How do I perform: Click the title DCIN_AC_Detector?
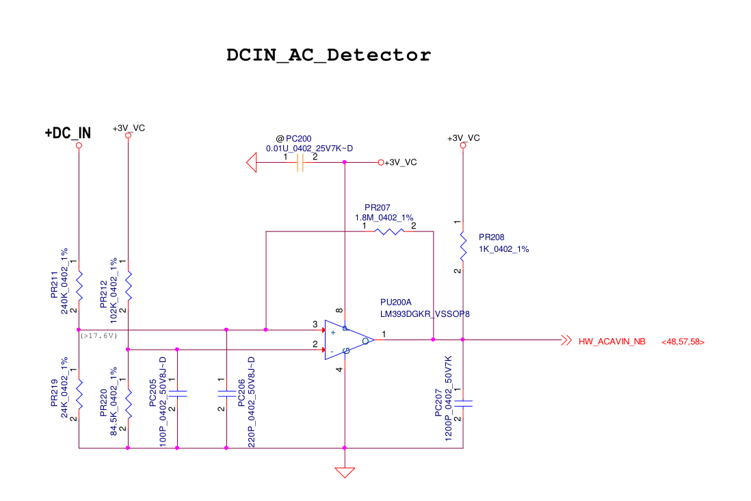click(329, 55)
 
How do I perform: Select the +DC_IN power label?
click(68, 133)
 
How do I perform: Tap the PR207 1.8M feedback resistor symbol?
click(389, 231)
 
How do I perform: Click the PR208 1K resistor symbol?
click(463, 246)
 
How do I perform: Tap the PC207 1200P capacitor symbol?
click(463, 403)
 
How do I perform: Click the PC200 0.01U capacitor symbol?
click(300, 163)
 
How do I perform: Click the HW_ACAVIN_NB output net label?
click(611, 341)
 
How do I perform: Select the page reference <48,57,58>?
click(683, 341)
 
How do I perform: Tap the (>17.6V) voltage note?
click(99, 335)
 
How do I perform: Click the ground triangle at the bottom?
click(345, 472)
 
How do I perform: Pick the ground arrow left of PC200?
click(251, 163)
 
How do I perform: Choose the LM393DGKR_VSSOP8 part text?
click(425, 314)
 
